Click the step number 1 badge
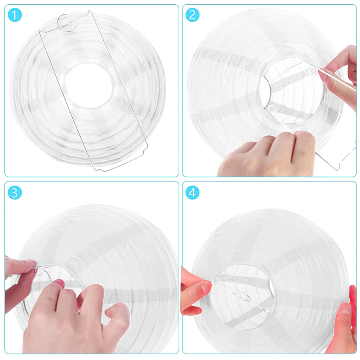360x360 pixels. tap(15, 15)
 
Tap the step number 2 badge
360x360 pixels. tap(192, 15)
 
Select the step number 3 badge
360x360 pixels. tap(15, 192)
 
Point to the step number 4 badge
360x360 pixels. tap(192, 192)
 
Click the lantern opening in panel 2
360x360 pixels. tap(292, 91)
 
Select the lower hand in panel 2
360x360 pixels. tap(266, 153)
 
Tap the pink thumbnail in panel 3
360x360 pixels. tap(59, 283)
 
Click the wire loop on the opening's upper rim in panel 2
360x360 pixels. tap(313, 71)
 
